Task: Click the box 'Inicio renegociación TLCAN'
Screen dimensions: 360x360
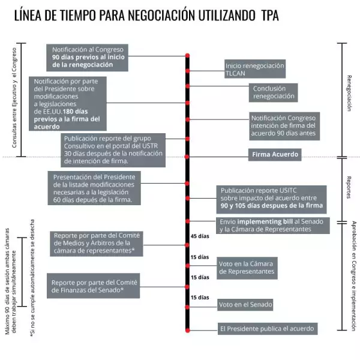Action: pos(254,69)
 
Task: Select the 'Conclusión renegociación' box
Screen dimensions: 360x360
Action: pos(274,92)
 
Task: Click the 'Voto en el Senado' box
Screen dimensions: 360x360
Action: pos(246,305)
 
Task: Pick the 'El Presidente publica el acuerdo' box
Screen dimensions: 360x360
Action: pos(266,328)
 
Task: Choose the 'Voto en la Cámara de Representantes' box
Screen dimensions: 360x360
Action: pos(247,267)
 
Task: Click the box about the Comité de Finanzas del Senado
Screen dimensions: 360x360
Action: pos(94,286)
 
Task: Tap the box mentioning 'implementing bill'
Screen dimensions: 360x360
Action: pos(272,226)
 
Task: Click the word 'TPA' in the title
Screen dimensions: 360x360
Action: pos(270,14)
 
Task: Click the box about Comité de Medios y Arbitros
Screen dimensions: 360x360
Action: pos(96,243)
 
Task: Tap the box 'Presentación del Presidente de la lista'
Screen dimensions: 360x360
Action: pos(95,188)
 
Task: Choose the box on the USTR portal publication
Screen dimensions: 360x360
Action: pos(114,149)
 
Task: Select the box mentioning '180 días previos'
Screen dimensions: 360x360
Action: pos(70,103)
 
